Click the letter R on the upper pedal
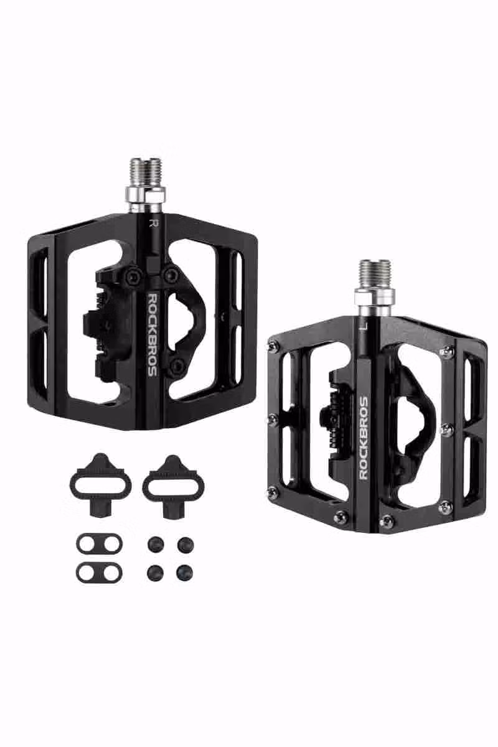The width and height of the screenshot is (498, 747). tap(153, 223)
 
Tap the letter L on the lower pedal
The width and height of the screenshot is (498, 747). tap(365, 326)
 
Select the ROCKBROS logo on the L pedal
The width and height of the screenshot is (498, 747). tap(364, 438)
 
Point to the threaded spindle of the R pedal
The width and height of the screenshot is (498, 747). tap(146, 171)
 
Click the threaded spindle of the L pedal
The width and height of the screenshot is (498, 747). tap(375, 274)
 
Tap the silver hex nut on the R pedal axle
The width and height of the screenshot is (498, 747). tap(146, 195)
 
